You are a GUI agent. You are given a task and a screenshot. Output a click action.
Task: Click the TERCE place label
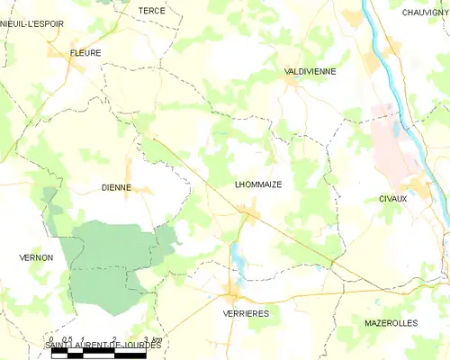coord(151,10)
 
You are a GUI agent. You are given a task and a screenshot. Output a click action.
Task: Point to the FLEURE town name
coord(85,53)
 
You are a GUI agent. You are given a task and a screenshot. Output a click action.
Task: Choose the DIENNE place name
coord(116,188)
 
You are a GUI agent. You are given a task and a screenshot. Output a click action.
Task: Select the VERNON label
coord(36,257)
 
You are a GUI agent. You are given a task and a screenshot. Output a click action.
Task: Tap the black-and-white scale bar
coord(99,355)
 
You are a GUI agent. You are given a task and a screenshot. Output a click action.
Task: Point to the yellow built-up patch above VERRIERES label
coord(233,294)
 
